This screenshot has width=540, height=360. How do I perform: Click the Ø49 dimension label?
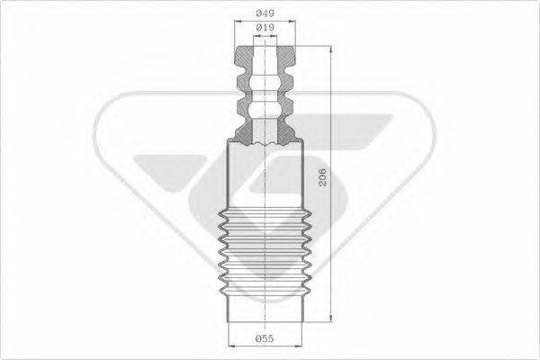click(x=265, y=13)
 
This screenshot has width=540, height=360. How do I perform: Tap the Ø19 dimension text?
click(x=265, y=27)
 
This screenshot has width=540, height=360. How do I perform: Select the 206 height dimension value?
click(x=322, y=177)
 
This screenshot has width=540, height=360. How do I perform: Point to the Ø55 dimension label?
click(x=265, y=338)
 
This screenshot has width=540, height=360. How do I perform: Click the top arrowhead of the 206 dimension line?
click(x=330, y=49)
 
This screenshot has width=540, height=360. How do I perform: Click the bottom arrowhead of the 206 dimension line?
click(x=331, y=318)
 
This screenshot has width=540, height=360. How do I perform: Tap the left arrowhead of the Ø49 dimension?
click(x=238, y=22)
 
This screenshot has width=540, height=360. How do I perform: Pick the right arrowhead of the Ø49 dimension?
click(x=292, y=22)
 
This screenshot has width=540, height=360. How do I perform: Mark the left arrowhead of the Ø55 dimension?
click(x=232, y=346)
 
